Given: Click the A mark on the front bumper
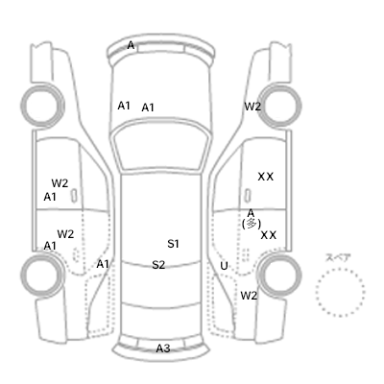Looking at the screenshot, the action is pos(131,45).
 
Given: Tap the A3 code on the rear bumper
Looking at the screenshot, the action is pos(163,348).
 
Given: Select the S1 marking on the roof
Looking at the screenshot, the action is pos(173,244).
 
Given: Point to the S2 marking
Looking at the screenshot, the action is pos(158,265).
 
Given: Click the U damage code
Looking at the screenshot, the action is pos(224,266).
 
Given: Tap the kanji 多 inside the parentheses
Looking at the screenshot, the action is pos(252,224).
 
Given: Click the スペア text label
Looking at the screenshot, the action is pos(338,257).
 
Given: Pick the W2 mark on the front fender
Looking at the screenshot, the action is pos(252,107).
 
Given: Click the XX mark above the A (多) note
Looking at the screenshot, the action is pos(266,177).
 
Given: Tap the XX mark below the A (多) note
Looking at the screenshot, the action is pos(268,235).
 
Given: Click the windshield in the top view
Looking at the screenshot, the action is pos(161,146).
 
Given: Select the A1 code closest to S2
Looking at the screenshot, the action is pos(103,264).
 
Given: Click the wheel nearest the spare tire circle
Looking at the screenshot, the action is pos(280,275).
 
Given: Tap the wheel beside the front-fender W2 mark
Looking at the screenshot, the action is pos(280,106).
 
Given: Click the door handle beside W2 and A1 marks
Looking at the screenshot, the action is pos(74,195).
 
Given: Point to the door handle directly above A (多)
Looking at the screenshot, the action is pos(248,195).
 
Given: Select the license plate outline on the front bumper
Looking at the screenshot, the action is pos(161,48).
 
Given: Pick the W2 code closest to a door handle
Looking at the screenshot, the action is pos(60,183).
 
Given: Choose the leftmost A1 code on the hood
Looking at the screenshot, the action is pos(124,106).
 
